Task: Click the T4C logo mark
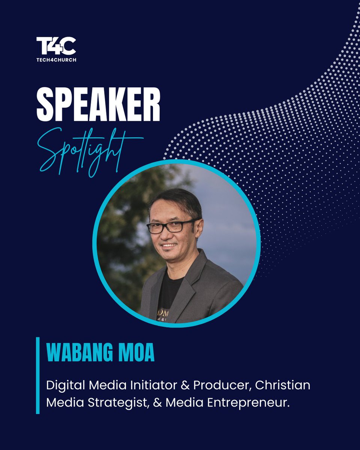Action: point(56,46)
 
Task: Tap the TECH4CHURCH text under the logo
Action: point(56,60)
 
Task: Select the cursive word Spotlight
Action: point(90,150)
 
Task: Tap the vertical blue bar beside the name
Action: point(37,375)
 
